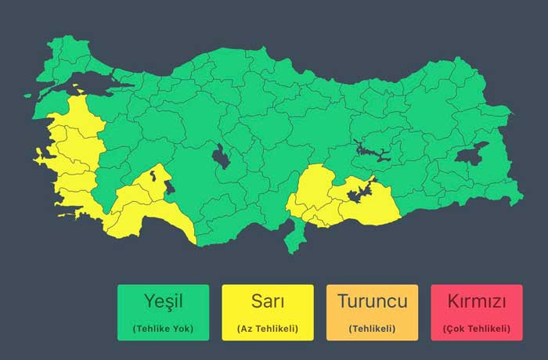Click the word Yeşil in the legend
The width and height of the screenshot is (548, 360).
[163, 301]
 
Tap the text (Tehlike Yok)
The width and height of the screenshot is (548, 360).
[163, 328]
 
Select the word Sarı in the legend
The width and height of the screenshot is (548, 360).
[267, 301]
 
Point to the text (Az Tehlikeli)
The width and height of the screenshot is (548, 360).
[267, 328]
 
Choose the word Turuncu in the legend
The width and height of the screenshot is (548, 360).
[372, 301]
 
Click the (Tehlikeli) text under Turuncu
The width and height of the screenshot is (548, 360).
[372, 328]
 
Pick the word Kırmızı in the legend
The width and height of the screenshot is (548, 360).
[476, 301]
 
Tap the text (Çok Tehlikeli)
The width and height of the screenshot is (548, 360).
[476, 328]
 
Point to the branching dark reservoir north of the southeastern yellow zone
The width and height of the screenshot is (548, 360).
[371, 151]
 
